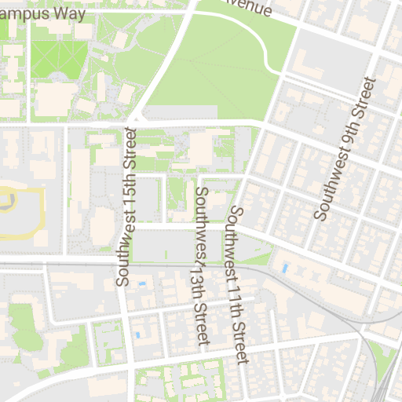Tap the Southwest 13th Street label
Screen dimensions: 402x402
tap(201, 265)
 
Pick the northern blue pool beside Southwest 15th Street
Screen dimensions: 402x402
tap(142, 283)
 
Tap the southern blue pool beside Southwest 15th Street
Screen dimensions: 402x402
tap(138, 335)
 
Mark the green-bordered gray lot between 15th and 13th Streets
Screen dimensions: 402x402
tap(163, 246)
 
